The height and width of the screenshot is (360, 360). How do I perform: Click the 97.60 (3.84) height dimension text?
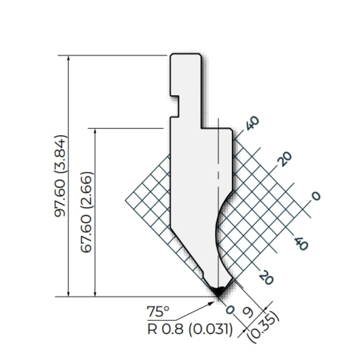point(61,176)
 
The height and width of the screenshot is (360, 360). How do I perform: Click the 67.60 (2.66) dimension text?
point(87,212)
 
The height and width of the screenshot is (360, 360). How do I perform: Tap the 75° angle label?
point(158,311)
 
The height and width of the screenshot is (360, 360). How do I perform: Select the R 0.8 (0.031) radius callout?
point(189,329)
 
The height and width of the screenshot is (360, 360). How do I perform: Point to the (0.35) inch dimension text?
point(264,327)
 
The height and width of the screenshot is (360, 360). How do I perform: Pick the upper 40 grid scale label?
point(252,123)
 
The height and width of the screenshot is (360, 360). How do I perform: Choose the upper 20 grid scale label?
point(285,159)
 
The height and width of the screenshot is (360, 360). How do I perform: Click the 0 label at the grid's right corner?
point(316,196)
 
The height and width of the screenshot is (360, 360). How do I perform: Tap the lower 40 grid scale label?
point(301,243)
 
